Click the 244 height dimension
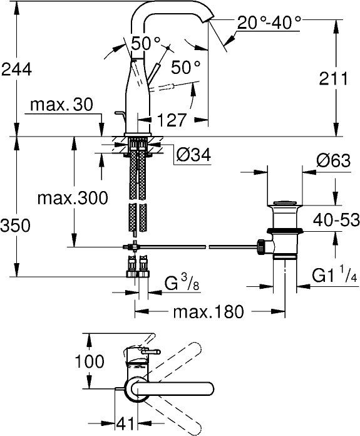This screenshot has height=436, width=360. click(x=17, y=70)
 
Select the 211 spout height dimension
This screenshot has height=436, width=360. click(x=333, y=78)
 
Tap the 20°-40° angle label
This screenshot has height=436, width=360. click(x=269, y=23)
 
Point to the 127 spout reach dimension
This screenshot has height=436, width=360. click(x=172, y=120)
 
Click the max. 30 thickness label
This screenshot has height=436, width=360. click(x=62, y=105)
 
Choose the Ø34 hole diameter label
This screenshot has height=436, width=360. click(x=193, y=155)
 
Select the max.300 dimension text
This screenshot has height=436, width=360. click(x=73, y=198)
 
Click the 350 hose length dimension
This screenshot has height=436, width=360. click(x=15, y=226)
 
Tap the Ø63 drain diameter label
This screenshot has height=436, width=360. click(x=334, y=160)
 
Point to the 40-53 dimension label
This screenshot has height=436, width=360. click(x=336, y=220)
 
